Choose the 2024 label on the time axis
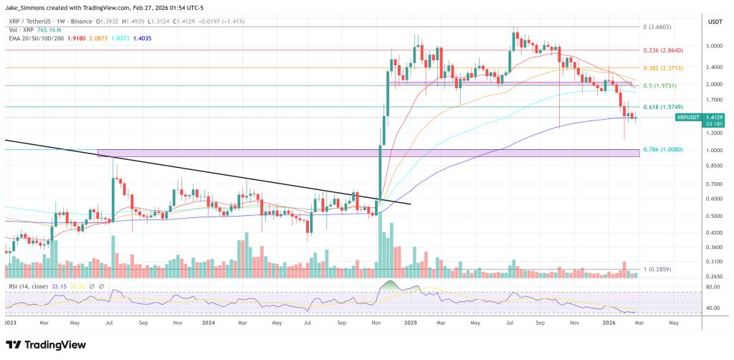[x=208, y=323]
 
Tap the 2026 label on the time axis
[x=616, y=323]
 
